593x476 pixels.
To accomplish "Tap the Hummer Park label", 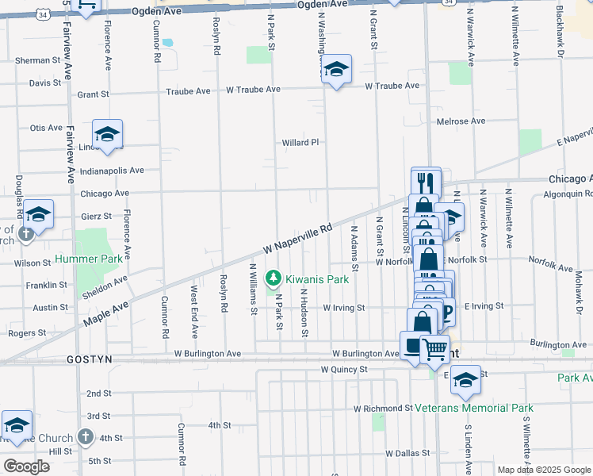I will point(89,259).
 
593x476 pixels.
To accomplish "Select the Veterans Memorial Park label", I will point(474,408).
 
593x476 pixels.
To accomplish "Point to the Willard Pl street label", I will point(300,143).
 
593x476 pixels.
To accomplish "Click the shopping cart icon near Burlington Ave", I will point(434,347).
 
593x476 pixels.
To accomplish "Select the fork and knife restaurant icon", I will point(426,181).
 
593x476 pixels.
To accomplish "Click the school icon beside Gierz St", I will point(37,213).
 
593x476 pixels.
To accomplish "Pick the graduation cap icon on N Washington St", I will point(337,71).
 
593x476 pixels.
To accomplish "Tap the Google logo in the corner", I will point(26,466).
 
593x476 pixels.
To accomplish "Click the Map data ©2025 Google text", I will point(543,470).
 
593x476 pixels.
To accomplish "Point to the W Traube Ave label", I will point(254,90).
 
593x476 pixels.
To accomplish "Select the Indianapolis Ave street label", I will point(112,170).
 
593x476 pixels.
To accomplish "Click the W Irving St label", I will point(343,307).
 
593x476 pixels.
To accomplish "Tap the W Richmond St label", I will point(382,409).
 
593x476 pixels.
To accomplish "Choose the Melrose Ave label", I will point(461,121).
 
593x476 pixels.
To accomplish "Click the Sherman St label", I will point(38,60).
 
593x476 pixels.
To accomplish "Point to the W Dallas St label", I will point(407,453).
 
